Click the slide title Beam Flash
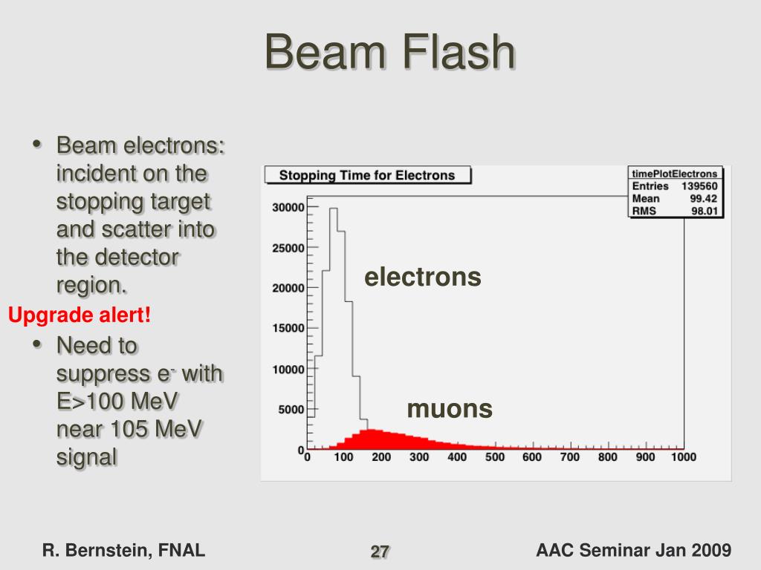(x=390, y=53)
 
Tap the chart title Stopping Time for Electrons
(x=366, y=176)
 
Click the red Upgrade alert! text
(x=80, y=315)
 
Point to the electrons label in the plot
(x=422, y=278)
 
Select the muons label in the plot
(x=450, y=409)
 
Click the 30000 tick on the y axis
(x=288, y=208)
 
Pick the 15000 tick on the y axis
(x=288, y=329)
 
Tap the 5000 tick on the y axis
(x=291, y=410)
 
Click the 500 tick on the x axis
(x=495, y=458)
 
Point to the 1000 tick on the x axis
(x=683, y=458)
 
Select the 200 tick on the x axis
(x=381, y=458)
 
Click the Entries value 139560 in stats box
(x=699, y=186)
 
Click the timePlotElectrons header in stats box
(x=675, y=174)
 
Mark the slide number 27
(x=380, y=552)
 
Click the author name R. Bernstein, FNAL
(x=124, y=551)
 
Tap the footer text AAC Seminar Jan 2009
(x=633, y=551)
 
